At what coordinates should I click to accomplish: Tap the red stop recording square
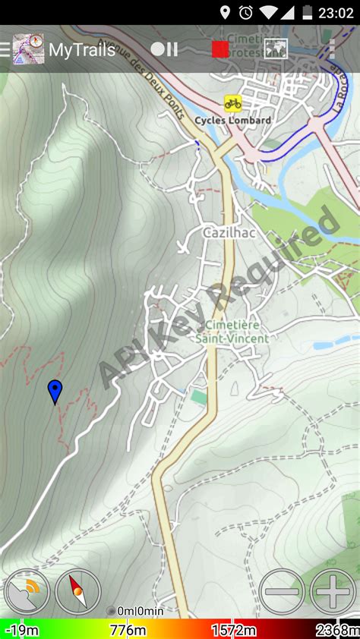[x=220, y=49]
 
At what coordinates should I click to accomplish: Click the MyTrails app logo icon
[x=28, y=49]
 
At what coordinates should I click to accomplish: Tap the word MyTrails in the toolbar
[x=82, y=50]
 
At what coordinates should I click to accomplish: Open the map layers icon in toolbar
[x=275, y=49]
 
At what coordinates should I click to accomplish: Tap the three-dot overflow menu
[x=331, y=49]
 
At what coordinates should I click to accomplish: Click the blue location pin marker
[x=55, y=392]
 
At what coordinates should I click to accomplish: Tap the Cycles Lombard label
[x=232, y=120]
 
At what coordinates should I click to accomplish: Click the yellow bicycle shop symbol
[x=232, y=103]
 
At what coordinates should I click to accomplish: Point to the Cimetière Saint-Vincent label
[x=232, y=332]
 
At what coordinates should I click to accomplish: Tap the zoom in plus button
[x=332, y=590]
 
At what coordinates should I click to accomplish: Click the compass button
[x=77, y=591]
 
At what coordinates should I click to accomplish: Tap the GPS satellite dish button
[x=27, y=591]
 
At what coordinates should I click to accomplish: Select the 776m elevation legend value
[x=128, y=631]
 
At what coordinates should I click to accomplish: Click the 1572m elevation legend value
[x=233, y=631]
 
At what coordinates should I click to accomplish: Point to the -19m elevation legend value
[x=21, y=631]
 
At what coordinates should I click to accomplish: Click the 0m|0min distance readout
[x=139, y=611]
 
